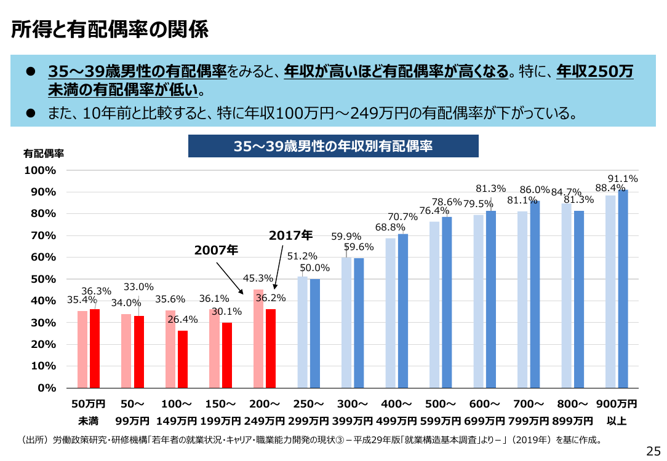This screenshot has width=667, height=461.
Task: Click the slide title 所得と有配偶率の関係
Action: (110, 30)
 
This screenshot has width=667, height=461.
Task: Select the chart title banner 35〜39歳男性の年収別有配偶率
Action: (333, 146)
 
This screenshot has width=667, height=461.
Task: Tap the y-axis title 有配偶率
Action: (44, 154)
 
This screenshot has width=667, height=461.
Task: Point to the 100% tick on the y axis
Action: (40, 170)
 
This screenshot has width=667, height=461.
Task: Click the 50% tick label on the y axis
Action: (44, 279)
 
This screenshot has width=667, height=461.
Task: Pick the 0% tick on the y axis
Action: (47, 388)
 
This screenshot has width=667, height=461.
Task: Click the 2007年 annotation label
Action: (216, 250)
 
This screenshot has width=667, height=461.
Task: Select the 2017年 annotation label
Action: (290, 235)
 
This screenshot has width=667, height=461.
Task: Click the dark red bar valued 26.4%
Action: (183, 359)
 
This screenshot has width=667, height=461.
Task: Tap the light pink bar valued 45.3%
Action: (258, 339)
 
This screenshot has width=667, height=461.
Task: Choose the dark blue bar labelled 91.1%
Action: (623, 289)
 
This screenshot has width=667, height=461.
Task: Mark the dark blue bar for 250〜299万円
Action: (315, 334)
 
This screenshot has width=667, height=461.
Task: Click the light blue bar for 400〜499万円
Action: (391, 313)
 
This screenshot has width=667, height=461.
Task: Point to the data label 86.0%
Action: (535, 189)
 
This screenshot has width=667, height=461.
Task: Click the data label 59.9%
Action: (346, 236)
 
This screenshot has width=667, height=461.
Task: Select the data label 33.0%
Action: (138, 287)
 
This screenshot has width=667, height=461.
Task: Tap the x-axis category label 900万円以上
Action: (617, 412)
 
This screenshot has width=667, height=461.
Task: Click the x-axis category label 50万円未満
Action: (89, 412)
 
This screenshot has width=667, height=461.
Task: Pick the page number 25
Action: (653, 451)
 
